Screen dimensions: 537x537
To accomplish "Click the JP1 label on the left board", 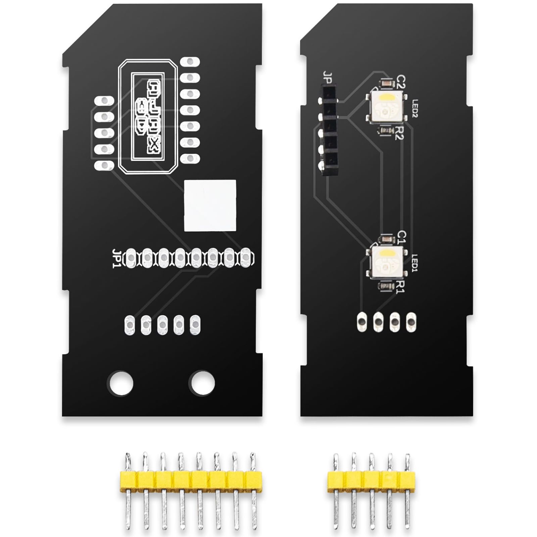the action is [116, 258].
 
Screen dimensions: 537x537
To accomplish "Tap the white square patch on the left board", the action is [210, 205].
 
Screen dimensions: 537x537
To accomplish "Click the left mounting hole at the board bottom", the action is [120, 383].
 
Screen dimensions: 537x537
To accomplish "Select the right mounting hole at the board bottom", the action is [202, 383].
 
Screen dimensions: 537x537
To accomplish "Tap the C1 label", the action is [401, 237].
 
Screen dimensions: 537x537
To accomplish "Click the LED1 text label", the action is [415, 263].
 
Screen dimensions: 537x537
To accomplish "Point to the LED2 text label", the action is [415, 108].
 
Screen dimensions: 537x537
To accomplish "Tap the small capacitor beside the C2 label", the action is [386, 82].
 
